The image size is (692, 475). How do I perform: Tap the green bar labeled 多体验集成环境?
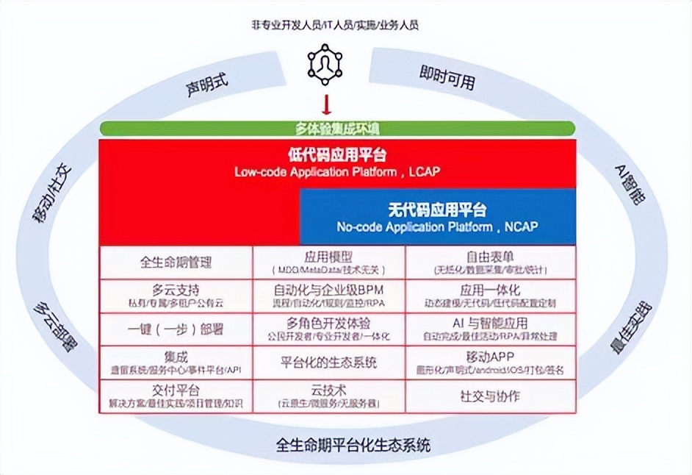pos(337,128)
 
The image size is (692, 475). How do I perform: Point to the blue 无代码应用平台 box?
pos(438,217)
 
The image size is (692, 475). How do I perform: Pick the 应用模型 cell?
pos(327,262)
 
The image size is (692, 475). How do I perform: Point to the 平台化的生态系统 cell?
pos(327,362)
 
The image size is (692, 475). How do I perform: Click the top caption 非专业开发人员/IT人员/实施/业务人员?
pos(335,25)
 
